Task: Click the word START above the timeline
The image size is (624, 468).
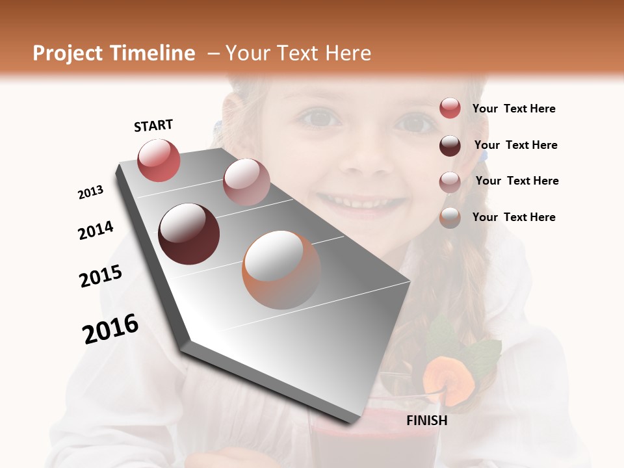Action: [x=153, y=125]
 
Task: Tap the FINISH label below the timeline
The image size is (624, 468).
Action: [x=427, y=421]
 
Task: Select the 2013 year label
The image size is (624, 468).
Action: [x=90, y=192]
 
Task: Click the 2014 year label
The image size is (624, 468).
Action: [x=96, y=231]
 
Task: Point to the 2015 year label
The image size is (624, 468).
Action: [x=101, y=276]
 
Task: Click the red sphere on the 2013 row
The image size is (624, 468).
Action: [x=159, y=160]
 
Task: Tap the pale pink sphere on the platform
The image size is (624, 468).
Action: [x=246, y=182]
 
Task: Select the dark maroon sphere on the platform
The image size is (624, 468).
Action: [x=189, y=234]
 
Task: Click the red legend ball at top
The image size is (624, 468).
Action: [x=450, y=109]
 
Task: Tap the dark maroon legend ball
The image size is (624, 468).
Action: [x=450, y=146]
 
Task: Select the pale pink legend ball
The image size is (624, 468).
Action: [x=450, y=182]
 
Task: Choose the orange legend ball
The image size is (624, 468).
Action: [x=450, y=218]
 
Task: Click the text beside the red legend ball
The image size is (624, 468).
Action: [x=513, y=109]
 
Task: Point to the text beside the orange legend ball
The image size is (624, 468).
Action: [x=513, y=217]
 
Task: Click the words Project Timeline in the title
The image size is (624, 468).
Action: [x=114, y=53]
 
